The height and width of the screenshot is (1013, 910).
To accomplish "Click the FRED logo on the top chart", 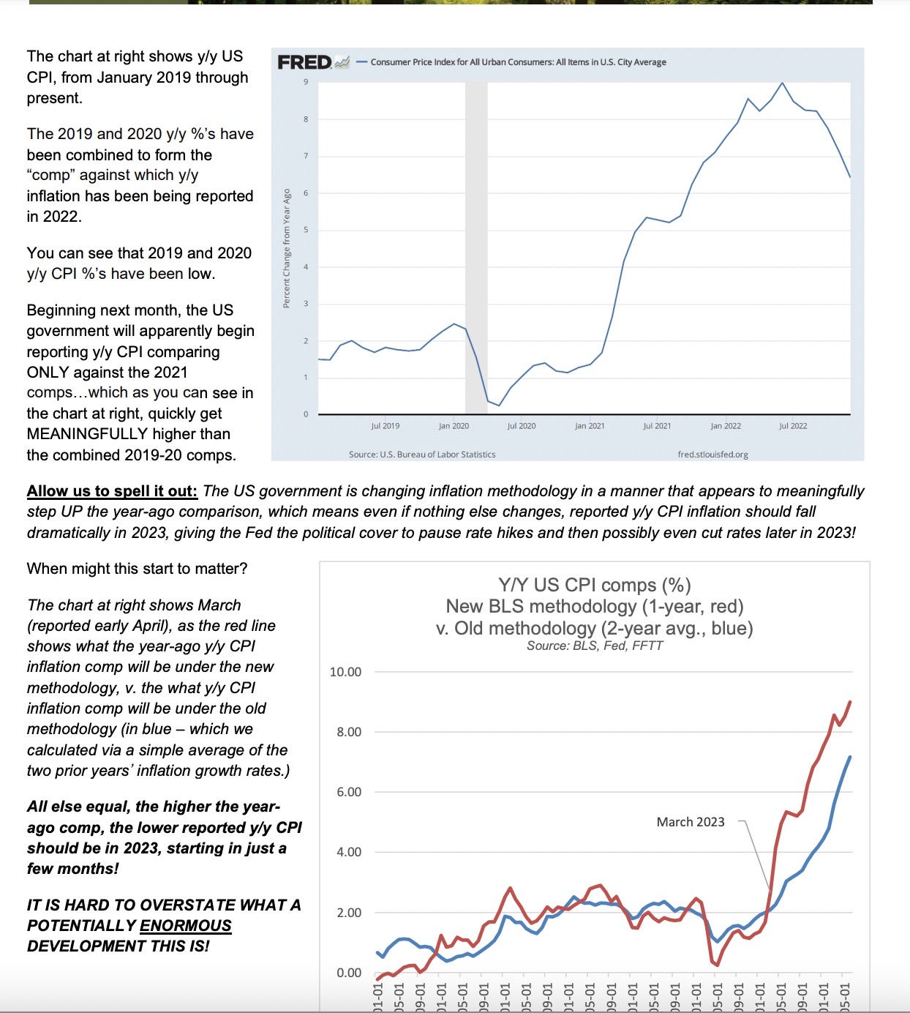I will [305, 62].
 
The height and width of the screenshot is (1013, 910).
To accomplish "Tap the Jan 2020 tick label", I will [454, 426].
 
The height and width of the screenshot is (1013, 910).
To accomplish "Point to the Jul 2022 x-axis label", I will [793, 426].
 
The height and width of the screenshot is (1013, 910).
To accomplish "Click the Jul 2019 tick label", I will [386, 426].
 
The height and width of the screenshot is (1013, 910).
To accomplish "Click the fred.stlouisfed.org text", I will [712, 455].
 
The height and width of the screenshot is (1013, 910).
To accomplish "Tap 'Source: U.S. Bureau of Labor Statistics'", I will [422, 455].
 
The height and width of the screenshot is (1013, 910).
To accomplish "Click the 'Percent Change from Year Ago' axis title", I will [287, 248].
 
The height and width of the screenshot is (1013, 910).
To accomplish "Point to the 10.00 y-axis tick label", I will [345, 672].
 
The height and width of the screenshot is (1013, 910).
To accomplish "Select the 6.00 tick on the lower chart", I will [348, 792].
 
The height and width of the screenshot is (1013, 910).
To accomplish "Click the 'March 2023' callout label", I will [691, 822].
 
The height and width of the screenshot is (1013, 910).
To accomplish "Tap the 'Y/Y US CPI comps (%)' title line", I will [594, 586].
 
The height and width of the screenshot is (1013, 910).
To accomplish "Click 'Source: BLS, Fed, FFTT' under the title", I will [594, 646].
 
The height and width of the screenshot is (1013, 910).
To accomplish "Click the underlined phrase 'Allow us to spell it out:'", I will [112, 491].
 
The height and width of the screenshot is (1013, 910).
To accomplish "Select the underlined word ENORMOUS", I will [185, 926].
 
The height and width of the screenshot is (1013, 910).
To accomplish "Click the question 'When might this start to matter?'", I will [137, 569].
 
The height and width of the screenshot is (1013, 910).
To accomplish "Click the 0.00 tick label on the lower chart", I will [348, 973].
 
